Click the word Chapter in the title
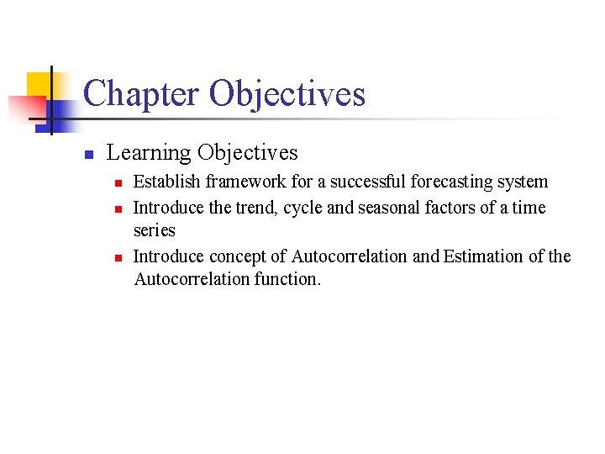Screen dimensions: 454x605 (x=142, y=94)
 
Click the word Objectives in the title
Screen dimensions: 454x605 (x=287, y=94)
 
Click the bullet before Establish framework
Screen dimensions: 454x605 (x=118, y=182)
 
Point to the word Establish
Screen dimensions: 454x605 (x=161, y=182)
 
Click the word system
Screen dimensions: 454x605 (x=522, y=182)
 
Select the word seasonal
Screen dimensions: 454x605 (x=387, y=208)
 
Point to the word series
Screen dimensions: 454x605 (x=154, y=230)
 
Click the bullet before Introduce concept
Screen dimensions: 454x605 (x=118, y=257)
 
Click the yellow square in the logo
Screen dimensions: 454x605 (x=39, y=85)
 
